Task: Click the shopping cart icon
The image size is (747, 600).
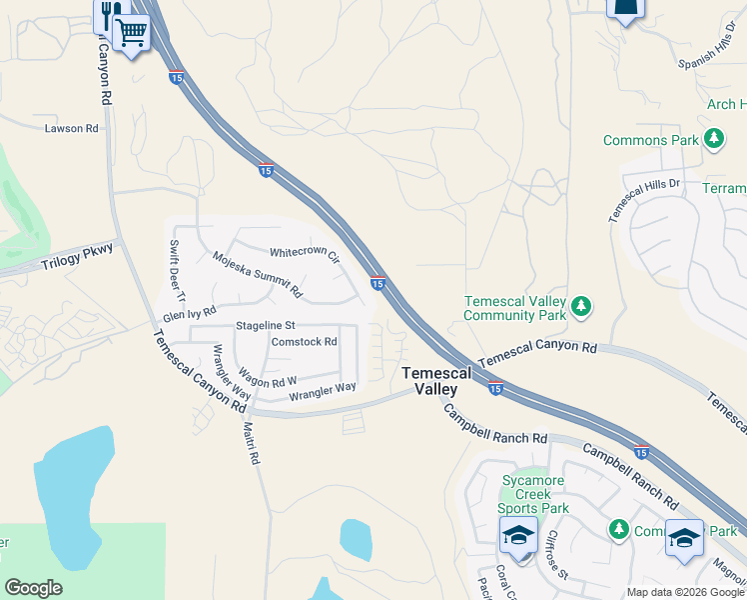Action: coord(132,33)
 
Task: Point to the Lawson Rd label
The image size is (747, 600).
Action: coord(71,129)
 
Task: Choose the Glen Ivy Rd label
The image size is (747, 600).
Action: coord(190,315)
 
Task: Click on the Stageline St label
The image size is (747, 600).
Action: coord(266,326)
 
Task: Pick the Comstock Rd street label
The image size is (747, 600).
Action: coord(304,342)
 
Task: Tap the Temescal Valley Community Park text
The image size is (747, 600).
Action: coord(515,308)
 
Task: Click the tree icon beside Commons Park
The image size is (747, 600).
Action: coord(714,140)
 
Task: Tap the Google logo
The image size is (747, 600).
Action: coord(33,588)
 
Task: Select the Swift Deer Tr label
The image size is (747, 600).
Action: coord(177,272)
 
